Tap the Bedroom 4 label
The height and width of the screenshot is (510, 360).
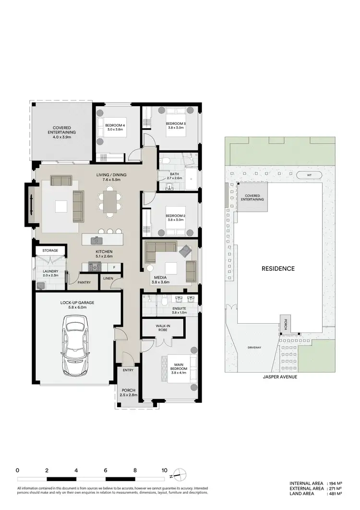tap(115, 127)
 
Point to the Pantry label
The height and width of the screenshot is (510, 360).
tap(84, 282)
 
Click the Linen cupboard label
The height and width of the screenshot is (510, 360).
tap(108, 278)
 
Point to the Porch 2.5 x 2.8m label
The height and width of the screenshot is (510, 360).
tap(128, 392)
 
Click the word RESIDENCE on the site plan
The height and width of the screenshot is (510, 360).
tap(277, 268)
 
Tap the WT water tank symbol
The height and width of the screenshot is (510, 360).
tap(308, 175)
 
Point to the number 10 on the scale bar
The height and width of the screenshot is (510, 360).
tap(164, 470)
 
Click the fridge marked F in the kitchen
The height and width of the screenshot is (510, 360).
tap(114, 267)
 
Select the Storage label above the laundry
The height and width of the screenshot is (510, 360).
tap(50, 251)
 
